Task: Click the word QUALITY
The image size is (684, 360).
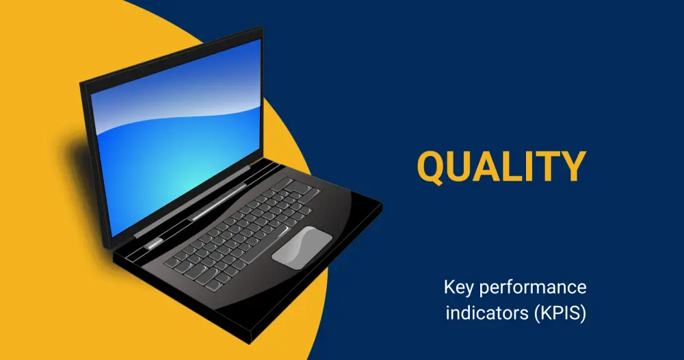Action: [501, 166]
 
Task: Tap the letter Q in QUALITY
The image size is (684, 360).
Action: [432, 167]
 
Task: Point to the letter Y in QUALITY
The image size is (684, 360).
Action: [571, 166]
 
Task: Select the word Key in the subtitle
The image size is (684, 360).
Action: [458, 288]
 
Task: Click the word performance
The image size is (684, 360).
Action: [532, 288]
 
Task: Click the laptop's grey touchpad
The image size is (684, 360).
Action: [302, 248]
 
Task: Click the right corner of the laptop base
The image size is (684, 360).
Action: [382, 203]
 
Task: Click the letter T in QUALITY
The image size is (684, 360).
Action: [544, 166]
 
